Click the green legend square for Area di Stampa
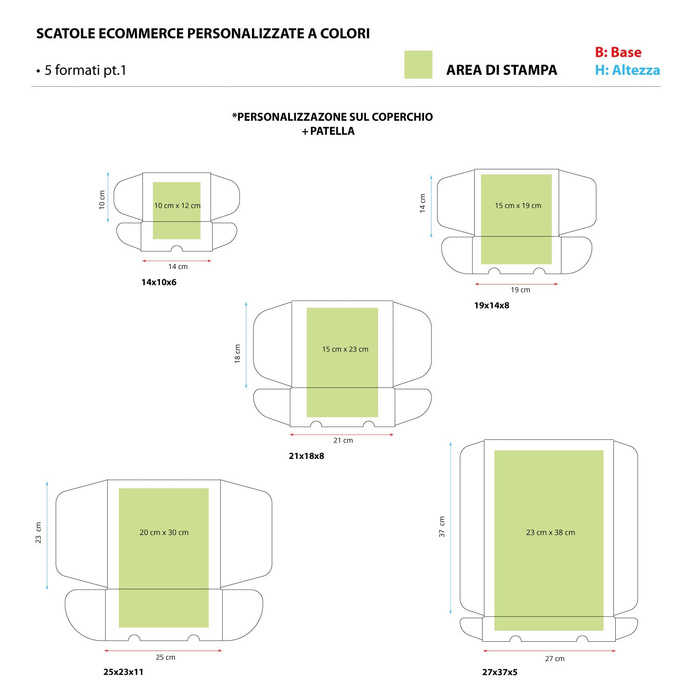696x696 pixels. coord(418,64)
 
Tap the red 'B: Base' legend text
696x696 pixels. coord(618,52)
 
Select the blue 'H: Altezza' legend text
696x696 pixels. coord(627,70)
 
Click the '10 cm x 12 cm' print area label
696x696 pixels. coord(177,206)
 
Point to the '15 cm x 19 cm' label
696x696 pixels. coord(518,206)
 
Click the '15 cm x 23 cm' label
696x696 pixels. coord(345,349)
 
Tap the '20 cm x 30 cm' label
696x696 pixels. coord(164,533)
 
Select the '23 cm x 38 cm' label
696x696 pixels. coord(550,533)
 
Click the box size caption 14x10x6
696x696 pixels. coord(159,282)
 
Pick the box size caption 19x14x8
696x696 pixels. coord(491,305)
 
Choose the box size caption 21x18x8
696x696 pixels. coord(307,456)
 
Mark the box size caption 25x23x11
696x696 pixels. coord(123,672)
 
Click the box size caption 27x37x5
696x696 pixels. coord(500,672)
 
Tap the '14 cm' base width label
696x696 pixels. coord(178,267)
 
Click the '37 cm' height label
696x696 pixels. coord(442,527)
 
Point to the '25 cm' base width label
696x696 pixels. coord(166,657)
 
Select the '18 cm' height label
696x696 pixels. coord(238,354)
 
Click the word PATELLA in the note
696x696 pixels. coord(332,131)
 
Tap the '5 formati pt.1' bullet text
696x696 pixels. coord(81,70)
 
